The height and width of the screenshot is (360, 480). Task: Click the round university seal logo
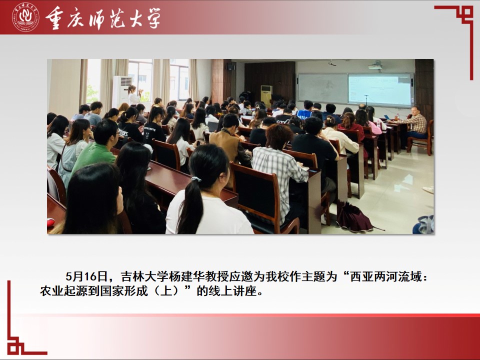(x=25, y=17)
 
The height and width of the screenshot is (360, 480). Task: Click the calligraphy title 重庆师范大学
(x=103, y=18)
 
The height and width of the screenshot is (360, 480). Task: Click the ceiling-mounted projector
(x=375, y=65)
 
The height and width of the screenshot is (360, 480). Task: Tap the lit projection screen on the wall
(x=380, y=89)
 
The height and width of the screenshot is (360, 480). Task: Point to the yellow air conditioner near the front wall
(x=266, y=95)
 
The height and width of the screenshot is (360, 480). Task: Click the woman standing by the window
(x=134, y=95)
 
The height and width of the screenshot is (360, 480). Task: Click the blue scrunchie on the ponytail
(x=195, y=179)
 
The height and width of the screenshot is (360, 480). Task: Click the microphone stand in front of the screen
(x=366, y=100)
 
